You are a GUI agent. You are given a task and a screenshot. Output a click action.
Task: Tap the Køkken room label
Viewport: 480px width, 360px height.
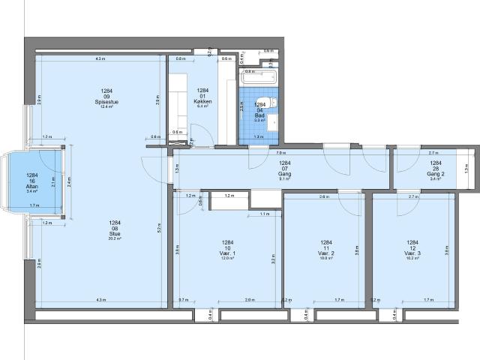click(x=202, y=101)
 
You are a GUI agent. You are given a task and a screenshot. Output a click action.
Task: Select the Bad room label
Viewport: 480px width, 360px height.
click(x=260, y=110)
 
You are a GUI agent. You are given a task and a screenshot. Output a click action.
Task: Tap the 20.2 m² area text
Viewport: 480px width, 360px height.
click(x=114, y=238)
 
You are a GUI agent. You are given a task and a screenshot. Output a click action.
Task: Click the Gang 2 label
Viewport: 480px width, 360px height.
click(x=436, y=173)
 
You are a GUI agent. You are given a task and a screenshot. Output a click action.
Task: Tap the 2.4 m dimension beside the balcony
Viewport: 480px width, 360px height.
click(x=68, y=180)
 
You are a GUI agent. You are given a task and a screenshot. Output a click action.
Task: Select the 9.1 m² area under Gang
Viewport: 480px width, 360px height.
click(x=284, y=179)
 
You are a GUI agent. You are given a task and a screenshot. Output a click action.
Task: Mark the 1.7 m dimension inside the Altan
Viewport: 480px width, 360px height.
click(x=34, y=205)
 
